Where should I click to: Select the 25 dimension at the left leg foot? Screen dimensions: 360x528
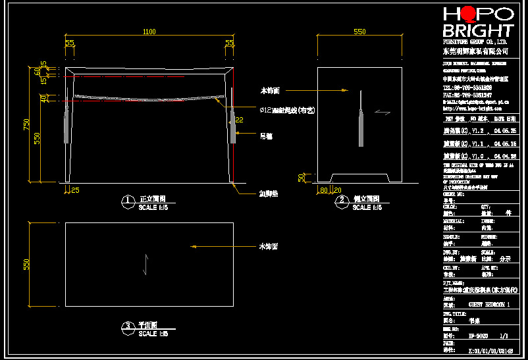(75, 190)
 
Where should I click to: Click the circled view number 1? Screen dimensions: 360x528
(128, 201)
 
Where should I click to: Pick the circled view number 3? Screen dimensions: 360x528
(128, 326)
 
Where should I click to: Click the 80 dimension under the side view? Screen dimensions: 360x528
(323, 190)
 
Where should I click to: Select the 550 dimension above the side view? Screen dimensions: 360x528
(359, 32)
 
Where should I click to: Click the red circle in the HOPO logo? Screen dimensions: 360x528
(469, 14)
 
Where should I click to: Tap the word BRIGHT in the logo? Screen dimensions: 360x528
(477, 31)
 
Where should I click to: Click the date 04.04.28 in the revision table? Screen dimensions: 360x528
(505, 156)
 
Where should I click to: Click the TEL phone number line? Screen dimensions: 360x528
(467, 88)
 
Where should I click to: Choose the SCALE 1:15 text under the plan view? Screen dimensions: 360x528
(153, 334)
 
